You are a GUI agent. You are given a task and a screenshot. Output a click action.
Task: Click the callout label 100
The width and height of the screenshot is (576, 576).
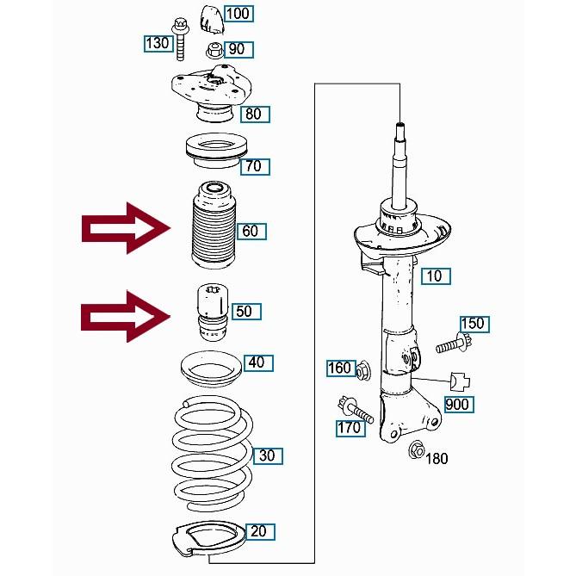[x=237, y=14]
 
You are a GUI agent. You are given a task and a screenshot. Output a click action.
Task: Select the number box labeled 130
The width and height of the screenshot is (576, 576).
[x=157, y=43]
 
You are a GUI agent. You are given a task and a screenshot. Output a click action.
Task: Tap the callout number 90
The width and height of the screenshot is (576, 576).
[x=236, y=49]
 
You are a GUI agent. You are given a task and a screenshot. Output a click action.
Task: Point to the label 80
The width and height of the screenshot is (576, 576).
[x=253, y=114]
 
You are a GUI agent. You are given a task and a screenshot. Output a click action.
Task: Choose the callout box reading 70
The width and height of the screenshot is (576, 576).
[x=253, y=166]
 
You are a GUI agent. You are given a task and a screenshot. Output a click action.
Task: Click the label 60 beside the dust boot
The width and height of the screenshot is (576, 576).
[x=250, y=231]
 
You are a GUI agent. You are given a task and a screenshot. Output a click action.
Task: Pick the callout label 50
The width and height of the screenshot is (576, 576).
[x=244, y=311]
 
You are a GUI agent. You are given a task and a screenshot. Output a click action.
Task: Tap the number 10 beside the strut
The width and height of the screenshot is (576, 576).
[x=434, y=276]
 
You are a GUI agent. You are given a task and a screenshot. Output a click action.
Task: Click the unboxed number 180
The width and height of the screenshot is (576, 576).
[x=437, y=458]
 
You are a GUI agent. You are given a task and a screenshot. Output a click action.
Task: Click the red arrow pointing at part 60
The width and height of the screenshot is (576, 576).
[x=125, y=228]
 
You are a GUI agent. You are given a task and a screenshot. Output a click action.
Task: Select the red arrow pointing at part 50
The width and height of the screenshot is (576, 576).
[x=125, y=316]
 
